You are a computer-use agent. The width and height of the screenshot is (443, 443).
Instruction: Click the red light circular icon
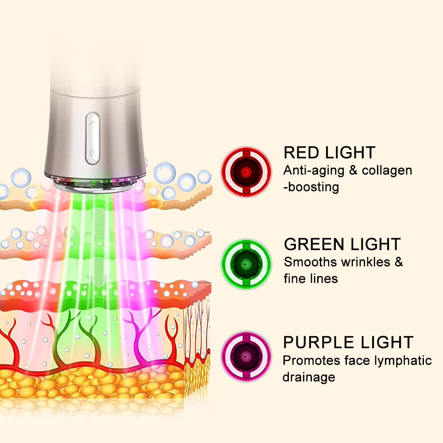246,172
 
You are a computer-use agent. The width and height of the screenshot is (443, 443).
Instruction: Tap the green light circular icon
246,264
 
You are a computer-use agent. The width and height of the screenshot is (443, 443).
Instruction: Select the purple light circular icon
246,357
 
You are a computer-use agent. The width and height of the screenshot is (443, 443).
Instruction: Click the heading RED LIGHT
330,153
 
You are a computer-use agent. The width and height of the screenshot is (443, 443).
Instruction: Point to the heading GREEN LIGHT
342,244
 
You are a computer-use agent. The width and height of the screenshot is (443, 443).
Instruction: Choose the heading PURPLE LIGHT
348,342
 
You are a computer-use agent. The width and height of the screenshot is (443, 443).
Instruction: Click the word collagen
387,171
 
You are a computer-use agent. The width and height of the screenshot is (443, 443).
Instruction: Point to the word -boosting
311,187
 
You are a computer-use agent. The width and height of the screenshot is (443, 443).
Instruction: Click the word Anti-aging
314,171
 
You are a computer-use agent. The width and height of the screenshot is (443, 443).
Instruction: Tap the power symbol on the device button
93,153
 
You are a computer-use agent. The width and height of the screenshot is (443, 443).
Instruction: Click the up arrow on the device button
93,123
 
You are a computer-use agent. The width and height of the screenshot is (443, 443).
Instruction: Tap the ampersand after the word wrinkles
399,262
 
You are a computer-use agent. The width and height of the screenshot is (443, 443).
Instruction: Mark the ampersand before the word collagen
353,170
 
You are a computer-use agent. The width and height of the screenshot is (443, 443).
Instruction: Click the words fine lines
311,278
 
